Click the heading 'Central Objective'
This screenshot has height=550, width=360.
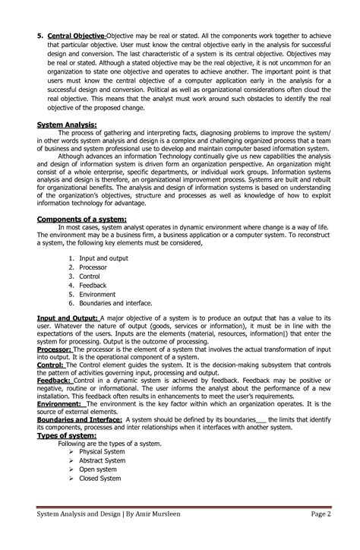[x=77, y=36]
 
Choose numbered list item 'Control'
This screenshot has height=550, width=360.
[x=90, y=278]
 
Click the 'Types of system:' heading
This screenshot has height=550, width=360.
[x=65, y=435]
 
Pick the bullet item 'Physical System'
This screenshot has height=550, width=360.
[x=102, y=451]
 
